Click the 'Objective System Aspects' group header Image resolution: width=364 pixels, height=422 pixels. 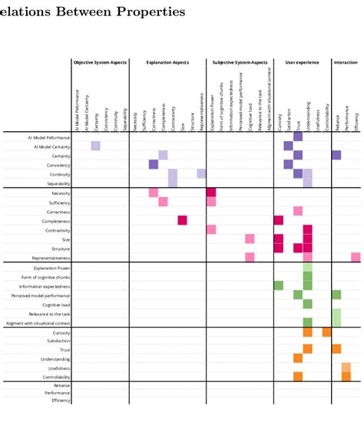[100, 61]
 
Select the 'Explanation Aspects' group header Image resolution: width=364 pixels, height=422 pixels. [167, 61]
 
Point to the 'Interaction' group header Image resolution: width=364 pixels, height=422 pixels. [346, 61]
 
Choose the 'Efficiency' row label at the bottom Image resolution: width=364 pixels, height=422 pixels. [61, 400]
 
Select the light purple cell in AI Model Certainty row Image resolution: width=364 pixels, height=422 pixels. [95, 146]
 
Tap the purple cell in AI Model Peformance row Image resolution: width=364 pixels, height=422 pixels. [298, 137]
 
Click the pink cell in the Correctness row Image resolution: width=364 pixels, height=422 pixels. [298, 211]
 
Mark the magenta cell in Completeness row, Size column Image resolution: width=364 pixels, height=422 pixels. [183, 220]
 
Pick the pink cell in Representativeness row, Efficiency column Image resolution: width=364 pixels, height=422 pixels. [356, 257]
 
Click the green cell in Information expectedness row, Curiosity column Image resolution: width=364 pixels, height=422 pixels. [278, 285]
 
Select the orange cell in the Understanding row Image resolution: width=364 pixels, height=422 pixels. [298, 358]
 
